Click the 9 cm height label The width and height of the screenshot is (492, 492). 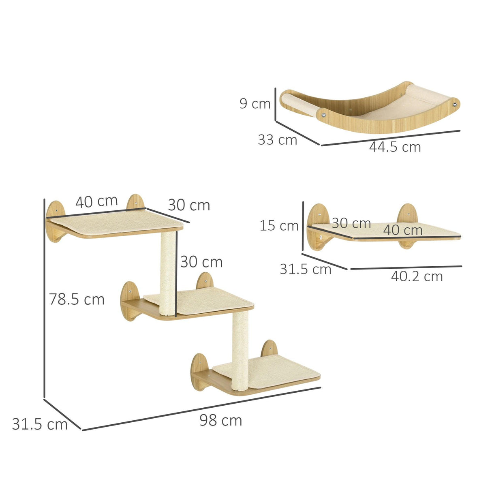[x=255, y=104]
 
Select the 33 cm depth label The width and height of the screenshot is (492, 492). [x=278, y=140]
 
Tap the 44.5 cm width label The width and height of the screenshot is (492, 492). [x=395, y=147]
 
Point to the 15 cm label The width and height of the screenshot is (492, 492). [x=279, y=225]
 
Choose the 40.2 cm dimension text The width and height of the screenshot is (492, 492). [x=417, y=276]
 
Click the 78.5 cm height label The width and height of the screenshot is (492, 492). [x=77, y=299]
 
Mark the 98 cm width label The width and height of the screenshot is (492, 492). [x=220, y=420]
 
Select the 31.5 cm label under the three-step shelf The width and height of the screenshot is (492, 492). [x=40, y=424]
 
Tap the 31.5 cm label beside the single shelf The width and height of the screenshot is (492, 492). [x=305, y=269]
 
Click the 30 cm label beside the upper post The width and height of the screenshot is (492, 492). [x=201, y=262]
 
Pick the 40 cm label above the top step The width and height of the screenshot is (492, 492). [x=96, y=201]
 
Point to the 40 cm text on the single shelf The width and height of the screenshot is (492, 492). [x=403, y=230]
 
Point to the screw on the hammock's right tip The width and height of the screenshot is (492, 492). [x=455, y=104]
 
